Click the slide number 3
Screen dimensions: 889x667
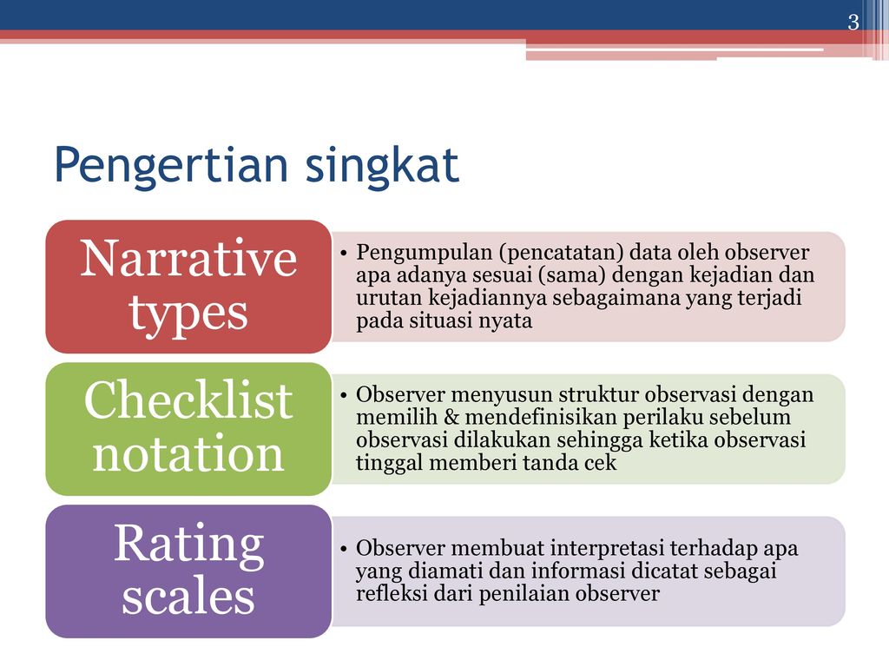click(853, 22)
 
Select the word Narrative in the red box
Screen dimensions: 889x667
click(188, 259)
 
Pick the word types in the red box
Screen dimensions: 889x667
click(188, 313)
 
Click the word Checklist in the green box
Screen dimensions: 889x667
click(188, 400)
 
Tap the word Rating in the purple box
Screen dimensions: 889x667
click(188, 545)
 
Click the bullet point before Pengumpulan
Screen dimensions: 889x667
click(344, 253)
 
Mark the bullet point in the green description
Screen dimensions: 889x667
click(344, 395)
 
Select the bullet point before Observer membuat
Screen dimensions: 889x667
click(344, 549)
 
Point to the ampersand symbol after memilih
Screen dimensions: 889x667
click(451, 417)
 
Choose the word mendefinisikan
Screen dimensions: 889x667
click(541, 417)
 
